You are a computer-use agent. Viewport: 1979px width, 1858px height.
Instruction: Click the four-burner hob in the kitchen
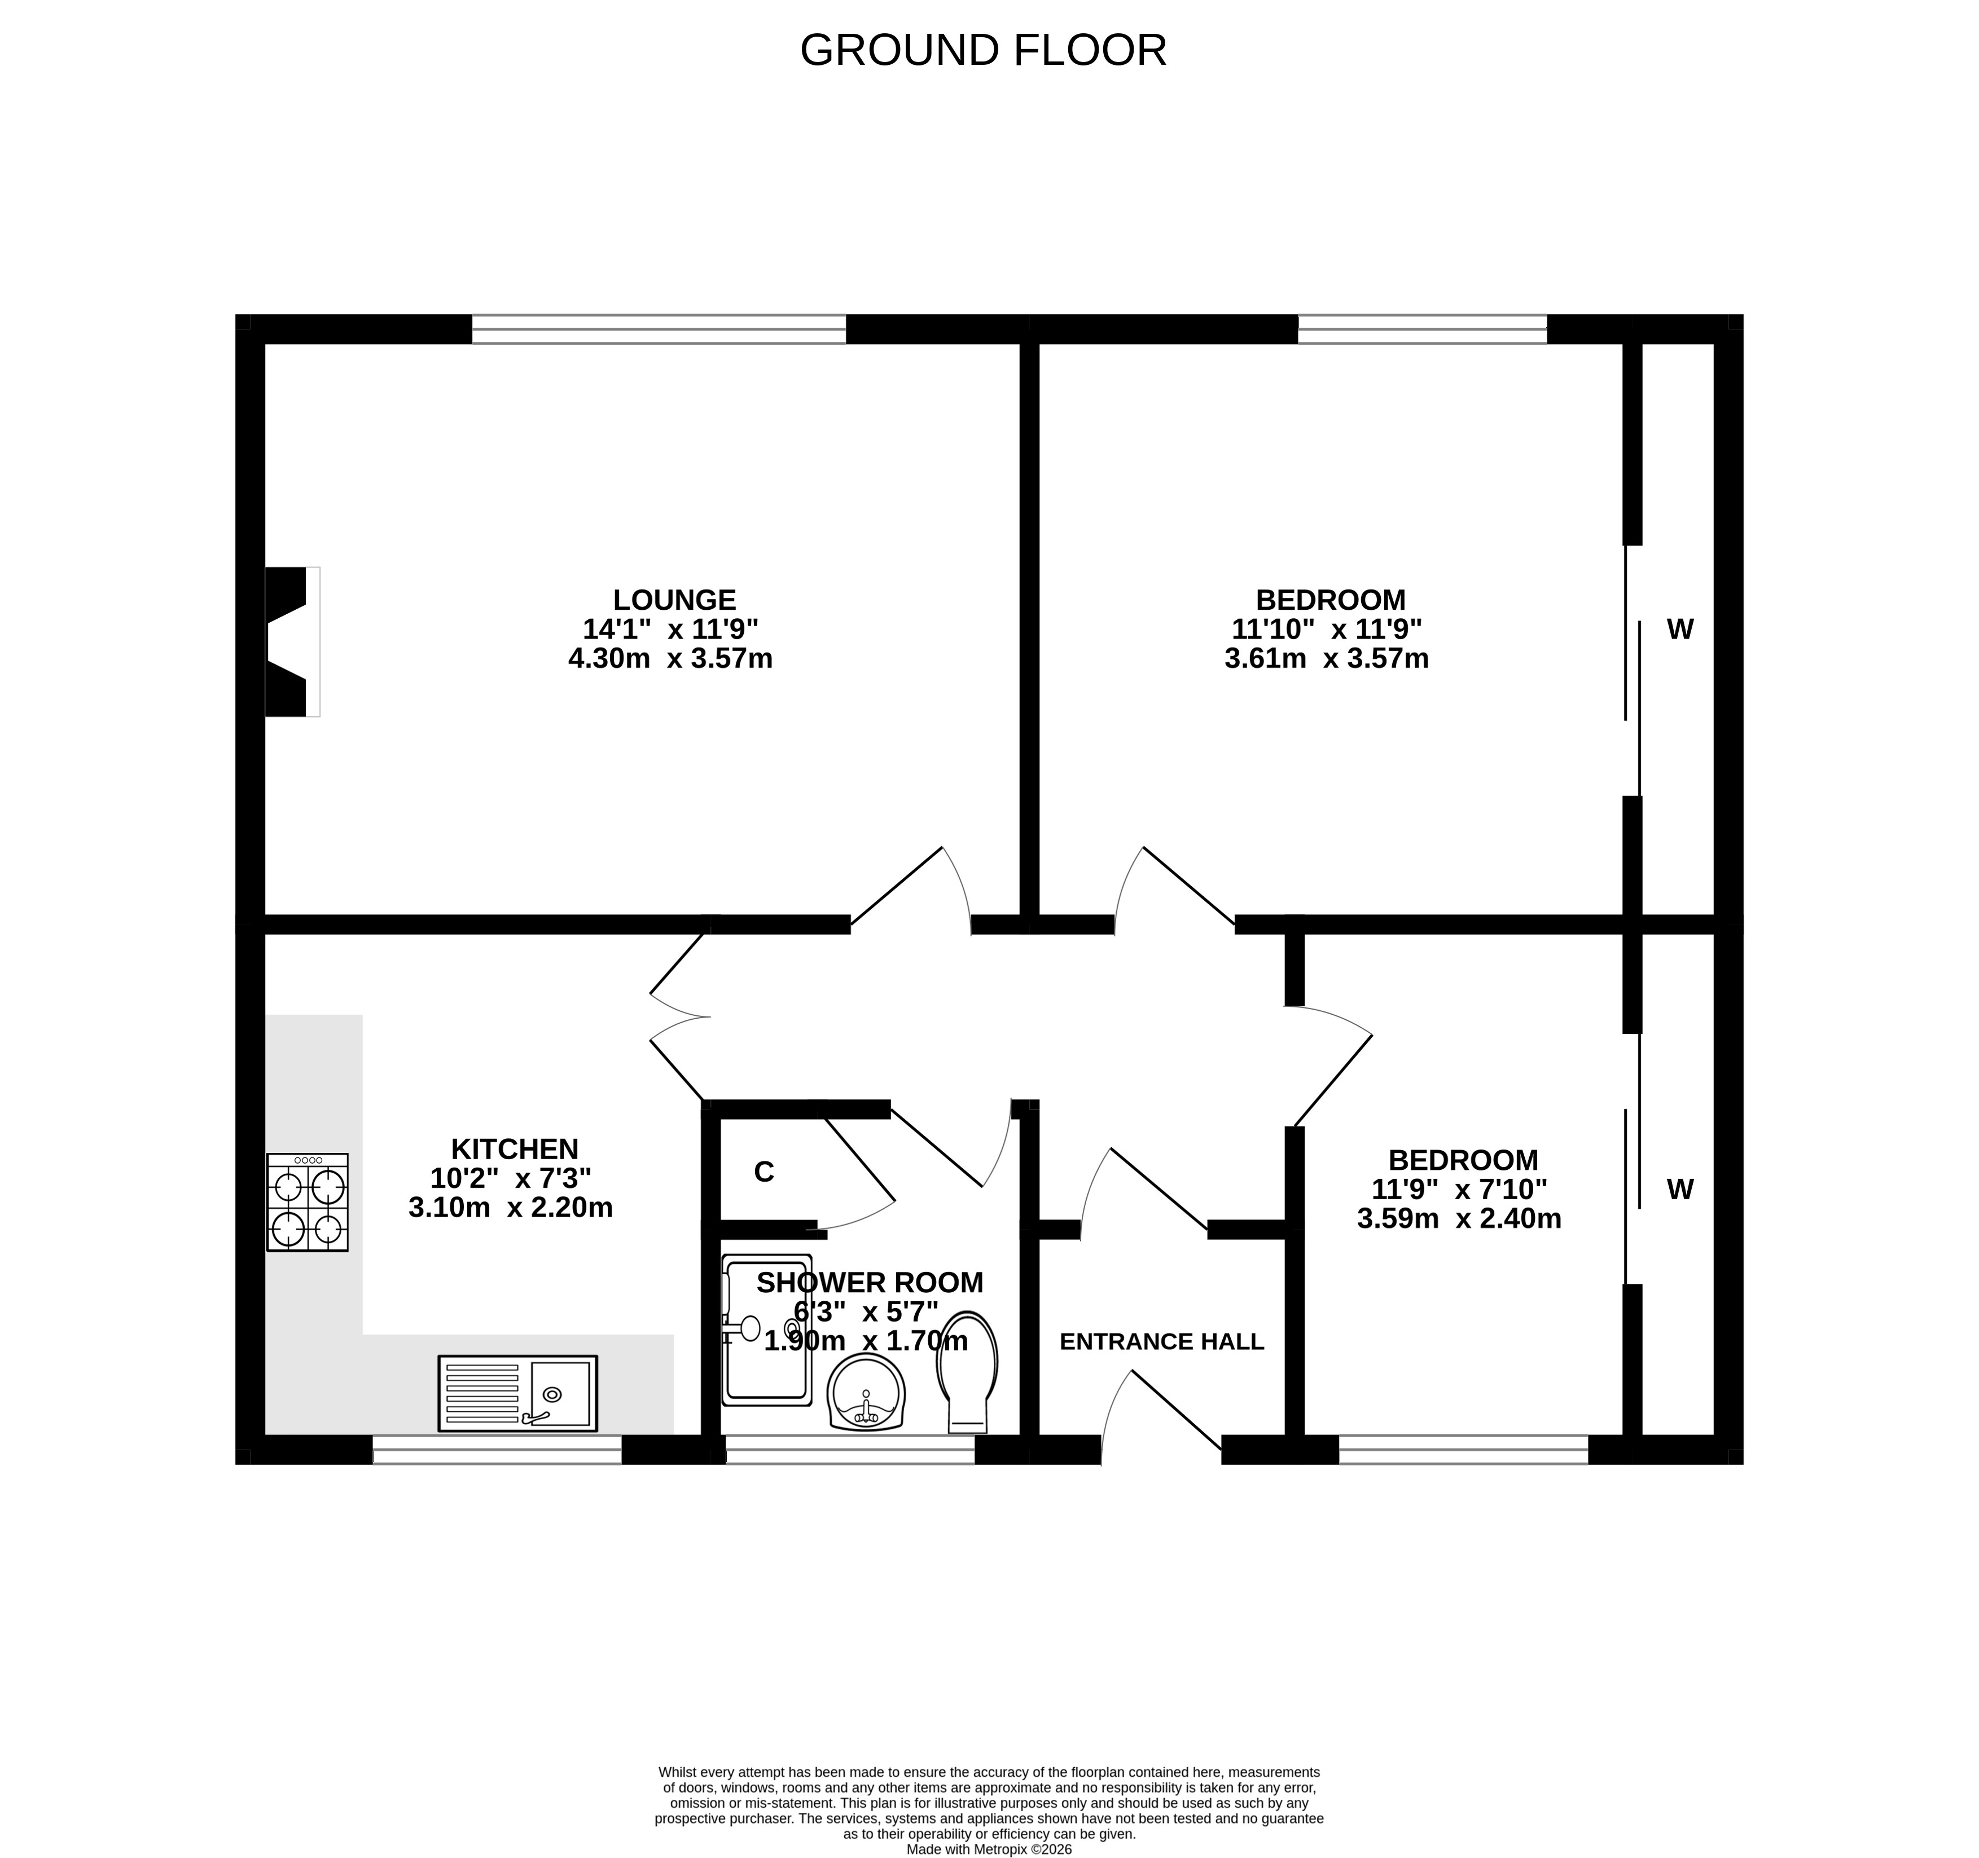point(308,1202)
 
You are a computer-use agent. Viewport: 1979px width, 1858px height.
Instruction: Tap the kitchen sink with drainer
point(517,1393)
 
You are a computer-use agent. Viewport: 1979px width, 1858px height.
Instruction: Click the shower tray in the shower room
point(766,1329)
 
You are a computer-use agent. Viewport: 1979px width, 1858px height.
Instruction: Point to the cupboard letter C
point(763,1172)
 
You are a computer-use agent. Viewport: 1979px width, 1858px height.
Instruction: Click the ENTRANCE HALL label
point(1162,1341)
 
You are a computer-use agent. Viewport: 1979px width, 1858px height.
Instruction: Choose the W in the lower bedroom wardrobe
point(1680,1189)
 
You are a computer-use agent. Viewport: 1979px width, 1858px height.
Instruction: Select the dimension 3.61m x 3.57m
point(1327,658)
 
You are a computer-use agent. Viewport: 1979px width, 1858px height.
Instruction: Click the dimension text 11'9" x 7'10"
point(1459,1189)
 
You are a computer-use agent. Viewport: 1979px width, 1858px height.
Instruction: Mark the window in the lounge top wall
point(659,329)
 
